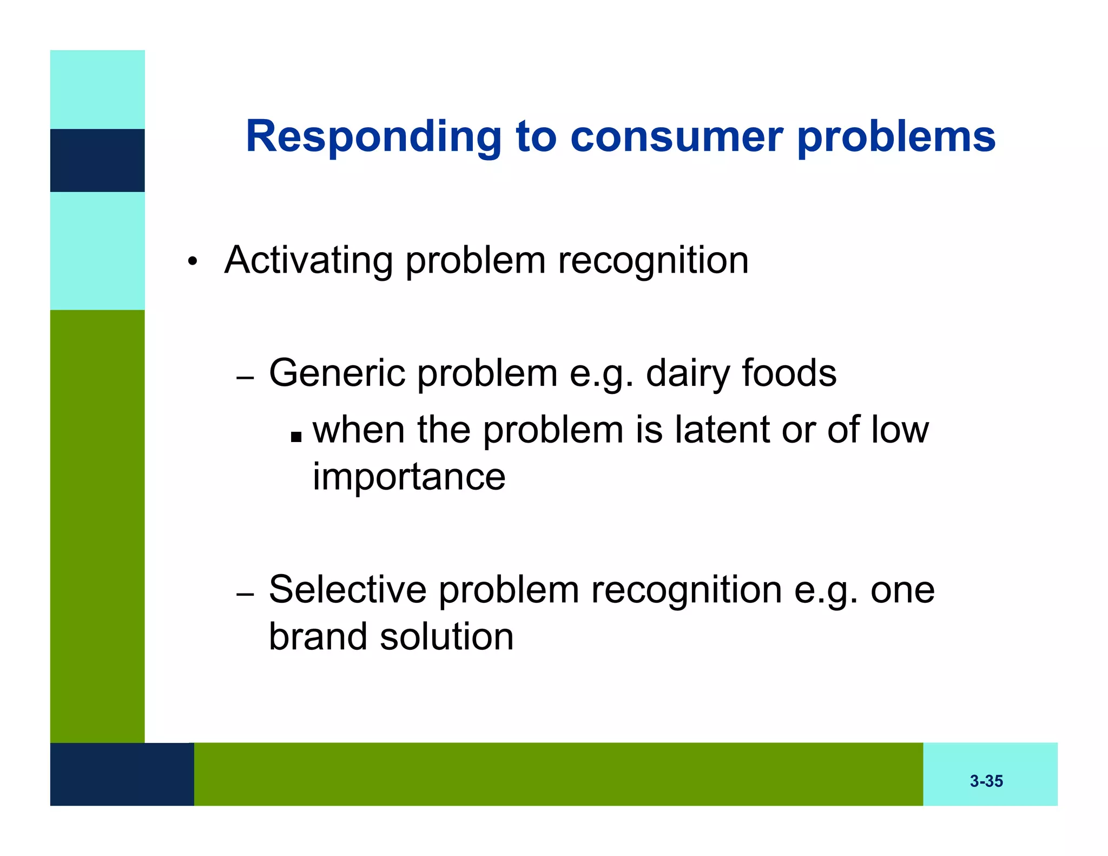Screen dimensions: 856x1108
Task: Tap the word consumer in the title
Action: [676, 136]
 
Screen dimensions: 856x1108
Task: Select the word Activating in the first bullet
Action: [308, 260]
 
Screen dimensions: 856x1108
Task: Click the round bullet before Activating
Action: [192, 262]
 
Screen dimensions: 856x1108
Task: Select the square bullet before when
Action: [295, 436]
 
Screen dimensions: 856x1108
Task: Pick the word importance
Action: [409, 477]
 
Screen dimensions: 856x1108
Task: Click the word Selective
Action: [347, 589]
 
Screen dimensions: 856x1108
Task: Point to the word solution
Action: [447, 636]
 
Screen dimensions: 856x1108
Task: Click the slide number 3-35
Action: [986, 781]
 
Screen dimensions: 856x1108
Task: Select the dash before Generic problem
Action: [245, 378]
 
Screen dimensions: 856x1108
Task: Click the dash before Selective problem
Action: [245, 594]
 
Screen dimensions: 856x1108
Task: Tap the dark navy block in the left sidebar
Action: [97, 160]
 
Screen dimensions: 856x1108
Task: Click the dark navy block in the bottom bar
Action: [122, 774]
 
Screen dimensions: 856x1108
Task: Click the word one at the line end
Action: [902, 589]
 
